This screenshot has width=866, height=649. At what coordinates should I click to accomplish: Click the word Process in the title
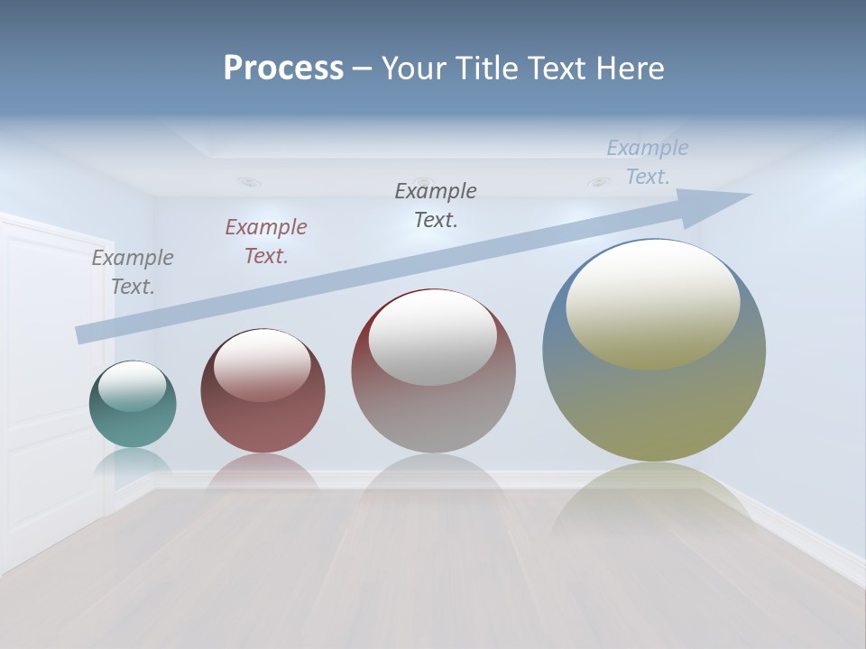tap(283, 68)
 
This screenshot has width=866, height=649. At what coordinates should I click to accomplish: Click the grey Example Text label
tap(133, 272)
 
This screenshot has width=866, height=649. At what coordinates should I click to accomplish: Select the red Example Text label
tap(266, 242)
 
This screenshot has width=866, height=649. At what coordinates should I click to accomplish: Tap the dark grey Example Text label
tap(436, 206)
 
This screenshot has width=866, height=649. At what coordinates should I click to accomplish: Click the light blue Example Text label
tap(648, 162)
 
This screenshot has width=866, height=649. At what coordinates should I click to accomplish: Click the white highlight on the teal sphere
tap(133, 386)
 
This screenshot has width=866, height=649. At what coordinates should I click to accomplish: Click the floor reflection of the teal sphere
tap(133, 464)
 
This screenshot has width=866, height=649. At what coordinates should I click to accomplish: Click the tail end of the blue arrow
tap(86, 334)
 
